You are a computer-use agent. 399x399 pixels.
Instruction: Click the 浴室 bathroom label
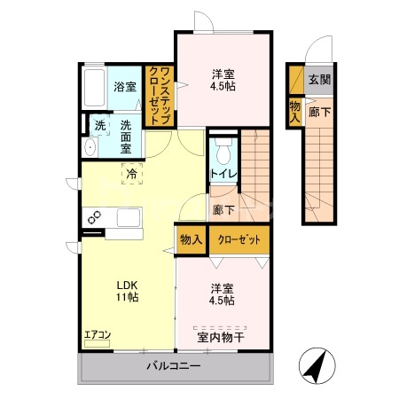125,87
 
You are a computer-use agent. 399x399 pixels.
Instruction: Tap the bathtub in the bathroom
95,86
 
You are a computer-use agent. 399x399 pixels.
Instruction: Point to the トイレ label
222,174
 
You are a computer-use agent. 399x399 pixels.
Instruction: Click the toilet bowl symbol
223,146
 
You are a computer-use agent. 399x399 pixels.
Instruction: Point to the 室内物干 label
221,337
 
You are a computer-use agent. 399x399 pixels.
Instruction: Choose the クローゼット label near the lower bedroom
239,239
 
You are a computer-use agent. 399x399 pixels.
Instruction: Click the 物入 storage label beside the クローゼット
191,239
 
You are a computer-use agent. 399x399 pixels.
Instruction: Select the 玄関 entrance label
320,79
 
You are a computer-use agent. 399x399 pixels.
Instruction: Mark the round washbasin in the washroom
91,146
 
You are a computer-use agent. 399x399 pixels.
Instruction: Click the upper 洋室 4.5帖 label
222,80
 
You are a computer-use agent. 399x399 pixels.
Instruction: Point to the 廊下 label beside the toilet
224,210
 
